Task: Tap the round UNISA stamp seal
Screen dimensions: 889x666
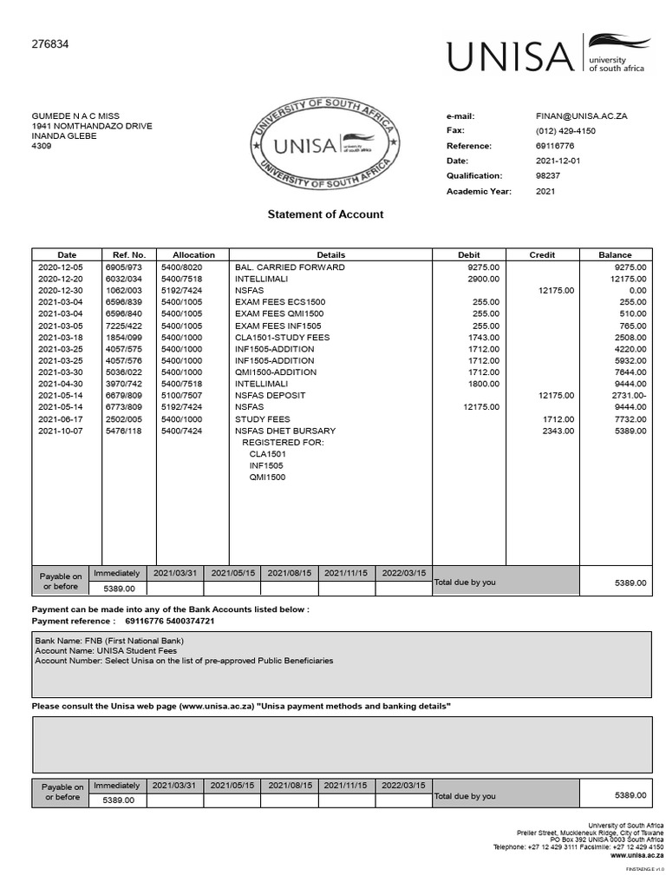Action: (x=323, y=145)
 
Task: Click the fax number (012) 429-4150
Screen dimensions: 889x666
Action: (x=565, y=130)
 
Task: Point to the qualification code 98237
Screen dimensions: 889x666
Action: (x=548, y=175)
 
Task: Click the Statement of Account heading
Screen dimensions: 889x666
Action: (x=325, y=214)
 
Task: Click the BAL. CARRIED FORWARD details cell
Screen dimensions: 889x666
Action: (x=290, y=267)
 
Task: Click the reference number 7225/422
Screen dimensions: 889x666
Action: (x=123, y=326)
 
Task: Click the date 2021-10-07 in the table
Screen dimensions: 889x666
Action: (x=60, y=431)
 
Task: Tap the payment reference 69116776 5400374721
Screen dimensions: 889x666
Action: (x=170, y=622)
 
